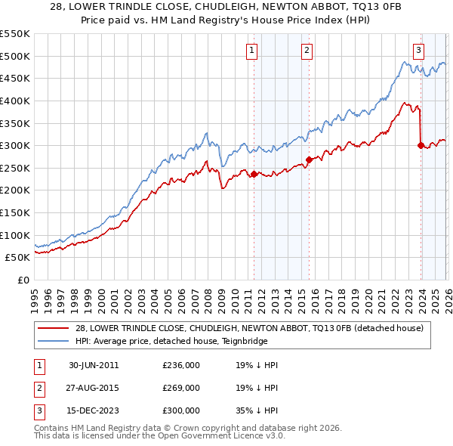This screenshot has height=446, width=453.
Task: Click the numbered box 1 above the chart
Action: [251, 51]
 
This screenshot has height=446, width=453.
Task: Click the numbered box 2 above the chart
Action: [307, 51]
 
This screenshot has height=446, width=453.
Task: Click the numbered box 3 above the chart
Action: [418, 51]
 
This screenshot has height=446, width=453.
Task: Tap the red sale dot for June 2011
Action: [254, 174]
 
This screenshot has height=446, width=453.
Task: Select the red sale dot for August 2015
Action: [309, 160]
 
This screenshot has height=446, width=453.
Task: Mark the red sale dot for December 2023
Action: [420, 145]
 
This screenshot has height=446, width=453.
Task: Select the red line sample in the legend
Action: [54, 328]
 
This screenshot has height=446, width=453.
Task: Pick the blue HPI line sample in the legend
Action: [54, 341]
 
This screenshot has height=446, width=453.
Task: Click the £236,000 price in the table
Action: [181, 365]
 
